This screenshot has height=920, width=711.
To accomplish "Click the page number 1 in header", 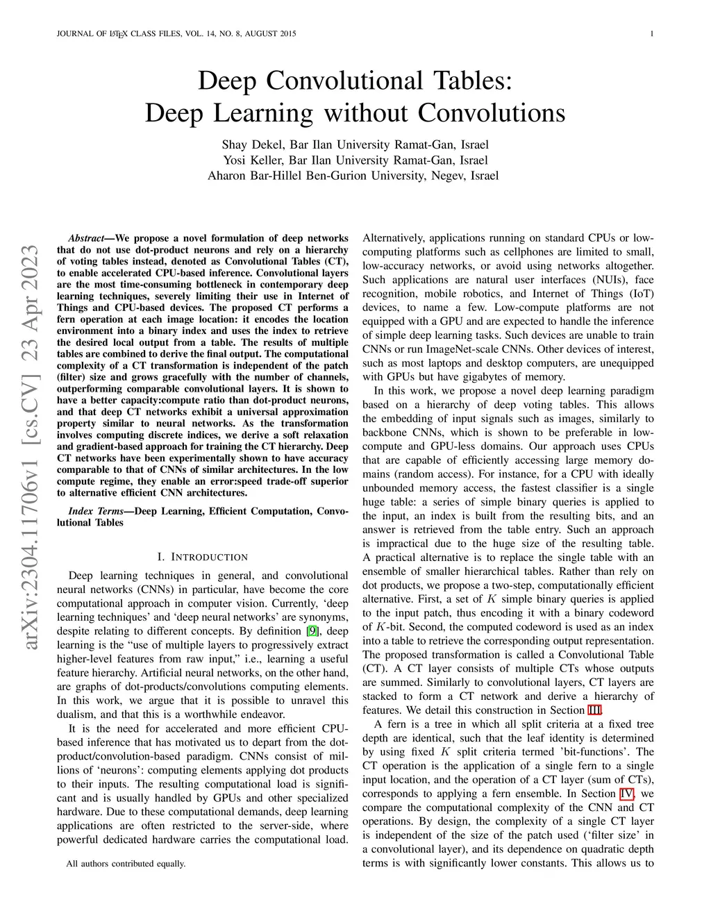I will coord(652,34).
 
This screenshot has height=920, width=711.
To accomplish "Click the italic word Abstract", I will coord(85,238).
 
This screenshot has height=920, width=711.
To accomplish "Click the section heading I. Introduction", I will coord(202,557).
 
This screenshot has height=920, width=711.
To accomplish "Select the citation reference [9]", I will coord(313,631).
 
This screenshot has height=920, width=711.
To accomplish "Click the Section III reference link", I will coord(594,710).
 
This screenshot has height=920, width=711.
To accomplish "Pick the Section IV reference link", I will coord(646,794).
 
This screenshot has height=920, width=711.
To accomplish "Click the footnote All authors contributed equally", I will coord(126,864).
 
